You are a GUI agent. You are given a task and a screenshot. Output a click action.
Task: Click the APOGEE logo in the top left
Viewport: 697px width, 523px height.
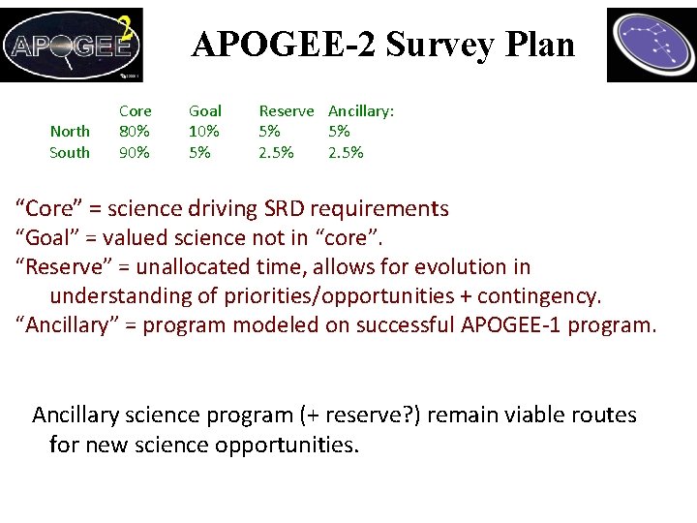[72, 45]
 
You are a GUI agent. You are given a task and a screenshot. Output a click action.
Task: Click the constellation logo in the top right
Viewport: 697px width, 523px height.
[651, 45]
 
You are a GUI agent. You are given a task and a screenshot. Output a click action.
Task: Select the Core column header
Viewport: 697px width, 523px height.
[136, 111]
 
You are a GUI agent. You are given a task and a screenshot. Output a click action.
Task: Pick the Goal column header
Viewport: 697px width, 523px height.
[204, 111]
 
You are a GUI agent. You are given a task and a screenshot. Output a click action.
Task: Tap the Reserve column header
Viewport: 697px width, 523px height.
[286, 111]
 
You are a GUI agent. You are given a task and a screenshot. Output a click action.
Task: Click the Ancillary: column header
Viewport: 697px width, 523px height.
[361, 111]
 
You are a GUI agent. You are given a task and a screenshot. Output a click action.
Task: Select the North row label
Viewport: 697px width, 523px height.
[70, 132]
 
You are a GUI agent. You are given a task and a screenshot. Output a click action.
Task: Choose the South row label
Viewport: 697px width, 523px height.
[70, 153]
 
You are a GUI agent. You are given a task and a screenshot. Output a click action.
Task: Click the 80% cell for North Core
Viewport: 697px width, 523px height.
[135, 132]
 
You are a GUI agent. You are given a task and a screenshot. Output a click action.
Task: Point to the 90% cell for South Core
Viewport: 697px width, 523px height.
[135, 153]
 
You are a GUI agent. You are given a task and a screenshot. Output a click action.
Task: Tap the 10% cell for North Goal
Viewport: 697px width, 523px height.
[204, 132]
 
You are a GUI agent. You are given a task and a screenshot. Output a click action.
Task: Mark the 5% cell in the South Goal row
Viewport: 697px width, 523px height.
[198, 153]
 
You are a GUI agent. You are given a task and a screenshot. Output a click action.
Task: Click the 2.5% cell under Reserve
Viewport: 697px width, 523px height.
[276, 153]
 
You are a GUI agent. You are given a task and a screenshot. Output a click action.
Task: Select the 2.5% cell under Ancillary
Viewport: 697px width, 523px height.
[346, 153]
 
